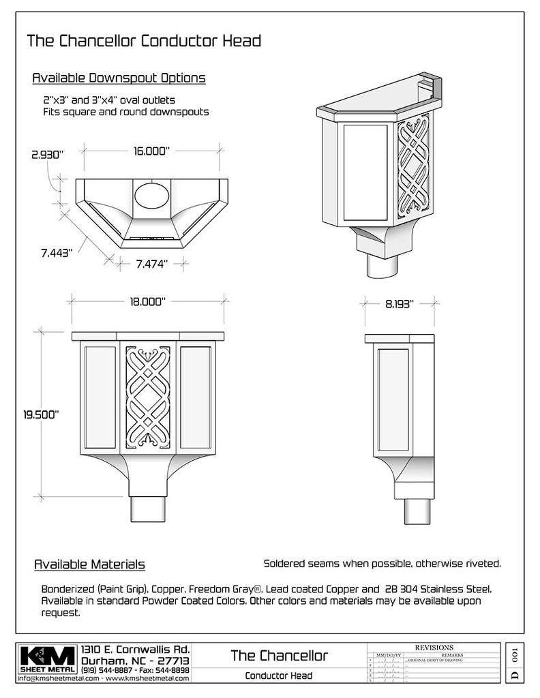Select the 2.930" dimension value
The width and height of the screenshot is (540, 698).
pyautogui.click(x=46, y=155)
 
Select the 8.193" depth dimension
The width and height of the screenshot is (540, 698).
pyautogui.click(x=399, y=305)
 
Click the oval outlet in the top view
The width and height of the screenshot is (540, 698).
pyautogui.click(x=152, y=195)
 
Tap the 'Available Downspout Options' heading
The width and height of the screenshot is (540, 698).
pyautogui.click(x=119, y=78)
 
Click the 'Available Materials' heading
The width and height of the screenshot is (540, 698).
pyautogui.click(x=89, y=564)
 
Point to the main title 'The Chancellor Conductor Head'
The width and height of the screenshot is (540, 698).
pyautogui.click(x=144, y=41)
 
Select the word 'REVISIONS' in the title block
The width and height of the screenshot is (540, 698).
pyautogui.click(x=434, y=647)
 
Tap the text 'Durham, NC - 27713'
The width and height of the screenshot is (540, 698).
pyautogui.click(x=135, y=661)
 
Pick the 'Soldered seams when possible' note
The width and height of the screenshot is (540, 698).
pyautogui.click(x=382, y=564)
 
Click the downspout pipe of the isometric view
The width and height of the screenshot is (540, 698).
pyautogui.click(x=385, y=264)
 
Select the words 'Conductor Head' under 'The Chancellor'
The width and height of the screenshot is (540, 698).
pyautogui.click(x=279, y=676)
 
